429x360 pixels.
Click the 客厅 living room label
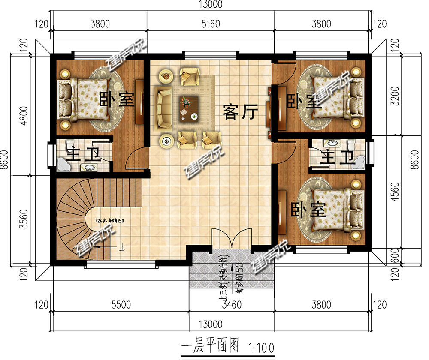click(x=240, y=112)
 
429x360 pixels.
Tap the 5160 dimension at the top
click(x=210, y=24)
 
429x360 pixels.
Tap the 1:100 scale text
click(x=260, y=345)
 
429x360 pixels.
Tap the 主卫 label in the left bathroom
click(x=82, y=154)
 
